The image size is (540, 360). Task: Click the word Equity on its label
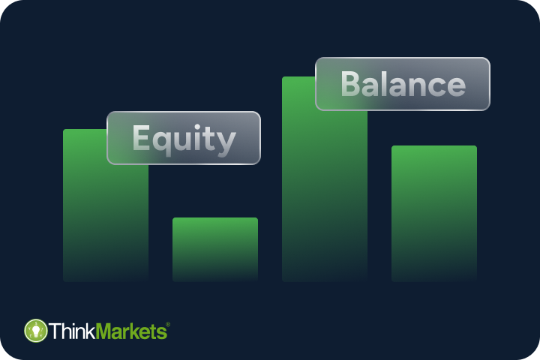click(x=184, y=139)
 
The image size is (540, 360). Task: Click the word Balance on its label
click(x=403, y=85)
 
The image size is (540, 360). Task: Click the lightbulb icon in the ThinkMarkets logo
click(x=35, y=331)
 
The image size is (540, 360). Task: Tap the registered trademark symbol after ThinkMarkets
click(x=167, y=324)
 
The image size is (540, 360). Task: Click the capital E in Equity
click(x=142, y=139)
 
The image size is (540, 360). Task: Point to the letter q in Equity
click(x=162, y=142)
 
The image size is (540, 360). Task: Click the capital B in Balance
click(x=351, y=85)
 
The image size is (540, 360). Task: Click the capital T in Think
click(x=55, y=331)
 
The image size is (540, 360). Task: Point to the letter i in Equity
click(x=199, y=138)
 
